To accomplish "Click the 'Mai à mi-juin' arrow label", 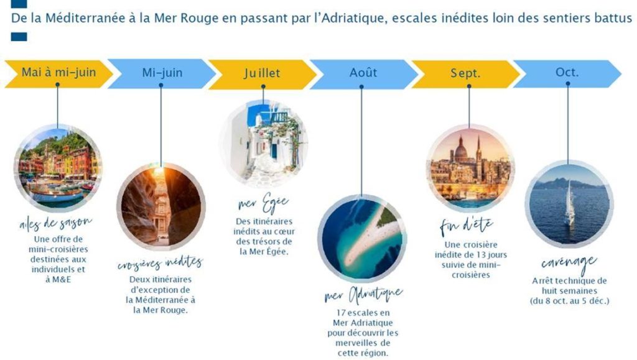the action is [x=59, y=73].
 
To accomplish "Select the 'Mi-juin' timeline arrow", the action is [x=162, y=73].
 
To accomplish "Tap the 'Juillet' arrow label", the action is [x=263, y=74].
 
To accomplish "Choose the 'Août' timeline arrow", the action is [x=363, y=73].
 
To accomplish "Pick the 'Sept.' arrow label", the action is [x=465, y=73].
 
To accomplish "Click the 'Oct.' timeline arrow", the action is [x=567, y=73].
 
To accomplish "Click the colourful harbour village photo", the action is [x=58, y=168].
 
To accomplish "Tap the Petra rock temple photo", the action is [x=161, y=206].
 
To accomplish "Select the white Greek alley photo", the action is [x=264, y=144].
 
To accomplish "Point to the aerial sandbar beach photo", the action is [x=362, y=238].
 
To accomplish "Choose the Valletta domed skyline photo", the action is [x=470, y=168].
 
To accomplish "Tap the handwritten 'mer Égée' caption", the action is [x=263, y=203].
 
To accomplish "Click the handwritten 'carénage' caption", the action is [x=569, y=263].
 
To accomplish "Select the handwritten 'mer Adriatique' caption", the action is [x=363, y=295].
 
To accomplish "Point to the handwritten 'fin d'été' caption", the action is [x=467, y=226].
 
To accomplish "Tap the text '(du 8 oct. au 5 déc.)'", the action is [x=570, y=301].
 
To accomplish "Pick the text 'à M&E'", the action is [x=58, y=280].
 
